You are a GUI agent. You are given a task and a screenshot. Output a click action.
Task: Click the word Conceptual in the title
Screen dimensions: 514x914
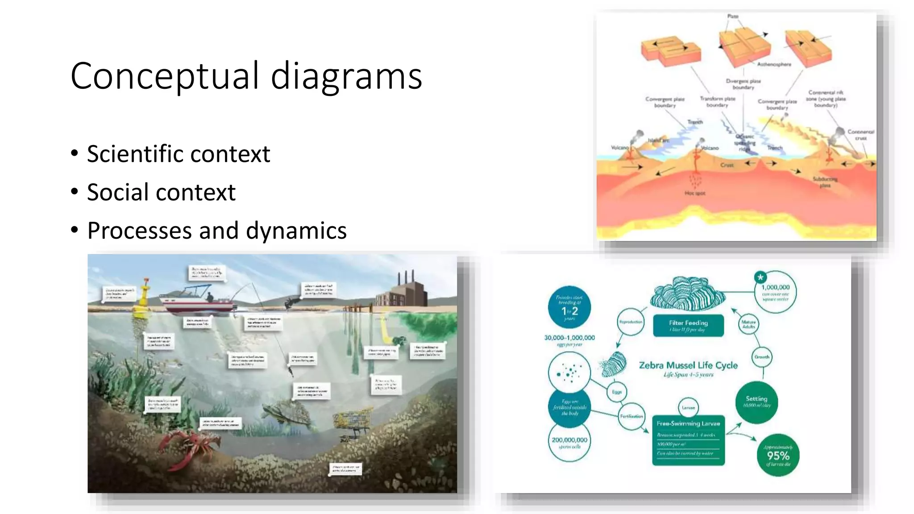tap(164, 76)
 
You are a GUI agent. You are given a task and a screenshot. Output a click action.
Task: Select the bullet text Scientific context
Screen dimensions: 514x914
tap(179, 154)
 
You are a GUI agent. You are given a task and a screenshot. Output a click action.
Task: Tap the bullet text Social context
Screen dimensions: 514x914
tap(161, 192)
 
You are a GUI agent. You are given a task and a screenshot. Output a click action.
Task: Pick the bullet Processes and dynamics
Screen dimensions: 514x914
tap(217, 231)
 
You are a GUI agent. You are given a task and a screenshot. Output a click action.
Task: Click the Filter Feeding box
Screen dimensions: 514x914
tap(688, 325)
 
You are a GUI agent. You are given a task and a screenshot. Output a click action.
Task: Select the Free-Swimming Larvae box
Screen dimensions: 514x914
tap(688, 440)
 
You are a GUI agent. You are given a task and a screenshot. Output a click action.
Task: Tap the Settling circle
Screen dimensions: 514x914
tap(756, 402)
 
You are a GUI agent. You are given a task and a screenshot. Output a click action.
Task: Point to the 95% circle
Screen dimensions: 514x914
tap(778, 455)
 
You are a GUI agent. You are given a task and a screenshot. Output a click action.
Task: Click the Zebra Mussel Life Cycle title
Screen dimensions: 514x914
tap(688, 365)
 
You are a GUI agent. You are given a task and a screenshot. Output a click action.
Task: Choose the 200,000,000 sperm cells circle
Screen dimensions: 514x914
tap(569, 442)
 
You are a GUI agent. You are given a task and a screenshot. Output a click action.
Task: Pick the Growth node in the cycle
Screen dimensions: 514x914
tap(762, 357)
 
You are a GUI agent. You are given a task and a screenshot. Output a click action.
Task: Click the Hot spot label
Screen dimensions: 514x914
tap(695, 193)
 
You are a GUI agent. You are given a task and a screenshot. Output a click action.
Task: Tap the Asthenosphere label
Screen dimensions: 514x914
tap(774, 64)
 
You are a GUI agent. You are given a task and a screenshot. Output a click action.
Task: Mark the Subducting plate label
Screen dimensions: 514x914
tap(825, 182)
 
